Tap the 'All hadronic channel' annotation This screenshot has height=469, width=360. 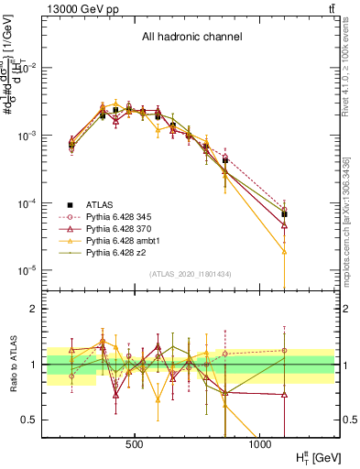(x=191, y=38)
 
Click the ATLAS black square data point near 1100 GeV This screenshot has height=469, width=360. (x=284, y=214)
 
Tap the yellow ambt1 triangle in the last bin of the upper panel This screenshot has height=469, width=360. (x=284, y=251)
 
